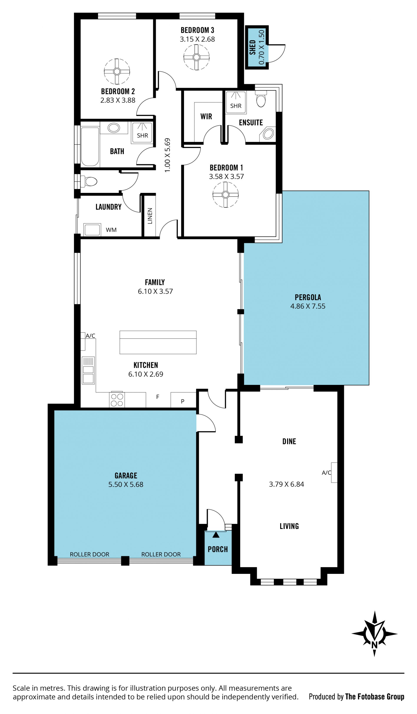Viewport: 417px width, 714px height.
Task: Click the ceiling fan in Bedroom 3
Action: coord(196,57)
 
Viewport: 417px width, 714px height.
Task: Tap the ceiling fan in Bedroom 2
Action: coord(117,71)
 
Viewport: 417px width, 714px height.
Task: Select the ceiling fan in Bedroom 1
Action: coord(225,195)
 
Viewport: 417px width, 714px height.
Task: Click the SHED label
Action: coord(252,47)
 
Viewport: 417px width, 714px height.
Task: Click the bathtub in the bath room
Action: coord(90,146)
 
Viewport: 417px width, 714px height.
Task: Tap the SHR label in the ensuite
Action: coord(236,106)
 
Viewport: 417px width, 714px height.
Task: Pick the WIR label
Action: coord(206,117)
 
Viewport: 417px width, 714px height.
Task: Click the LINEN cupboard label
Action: coord(150,216)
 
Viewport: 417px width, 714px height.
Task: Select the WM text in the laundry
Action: coord(111,230)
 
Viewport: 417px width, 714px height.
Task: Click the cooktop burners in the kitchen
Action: coord(117,400)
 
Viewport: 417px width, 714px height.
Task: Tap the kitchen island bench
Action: coord(158,342)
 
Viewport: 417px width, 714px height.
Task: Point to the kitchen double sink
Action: coord(88,370)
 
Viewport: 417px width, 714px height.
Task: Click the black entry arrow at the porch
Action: coord(216,535)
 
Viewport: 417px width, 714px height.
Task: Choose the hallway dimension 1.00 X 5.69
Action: coord(167,155)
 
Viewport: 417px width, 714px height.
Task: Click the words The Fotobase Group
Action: coord(375,696)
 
